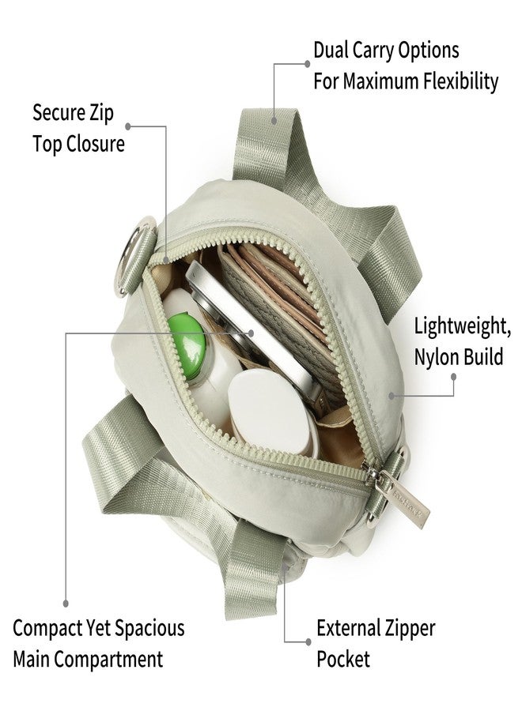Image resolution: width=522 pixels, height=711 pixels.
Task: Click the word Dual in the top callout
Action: (x=331, y=50)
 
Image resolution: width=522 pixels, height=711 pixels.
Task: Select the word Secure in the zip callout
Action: (x=59, y=112)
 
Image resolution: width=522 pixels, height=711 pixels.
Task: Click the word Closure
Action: (x=96, y=144)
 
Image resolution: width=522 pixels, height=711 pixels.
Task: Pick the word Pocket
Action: (x=343, y=660)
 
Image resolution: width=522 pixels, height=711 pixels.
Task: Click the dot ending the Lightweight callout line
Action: (x=453, y=376)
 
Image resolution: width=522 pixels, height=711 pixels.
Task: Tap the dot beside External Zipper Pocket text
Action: (x=308, y=641)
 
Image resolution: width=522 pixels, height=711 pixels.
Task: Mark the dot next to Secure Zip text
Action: (x=128, y=126)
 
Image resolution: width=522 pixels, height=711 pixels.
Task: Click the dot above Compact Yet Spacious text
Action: (x=66, y=604)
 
